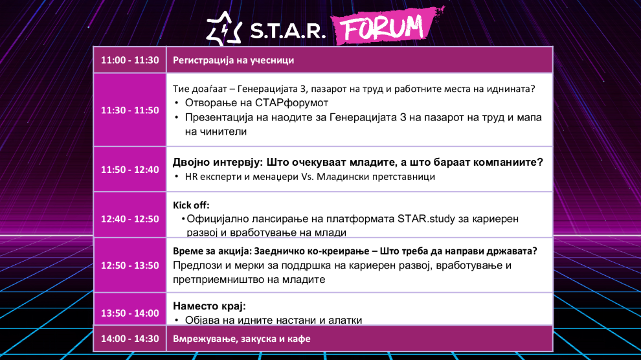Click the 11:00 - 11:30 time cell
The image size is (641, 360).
pyautogui.click(x=130, y=60)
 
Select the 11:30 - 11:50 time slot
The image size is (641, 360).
pyautogui.click(x=130, y=110)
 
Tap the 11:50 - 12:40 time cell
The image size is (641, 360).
pyautogui.click(x=130, y=169)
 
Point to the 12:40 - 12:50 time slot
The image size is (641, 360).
pyautogui.click(x=130, y=219)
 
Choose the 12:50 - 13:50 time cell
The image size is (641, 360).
pyautogui.click(x=130, y=265)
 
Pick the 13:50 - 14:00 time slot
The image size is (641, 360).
pyautogui.click(x=130, y=313)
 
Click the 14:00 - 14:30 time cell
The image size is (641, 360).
pyautogui.click(x=130, y=339)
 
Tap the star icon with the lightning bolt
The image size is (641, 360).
pyautogui.click(x=224, y=28)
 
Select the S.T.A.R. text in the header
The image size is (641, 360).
pyautogui.click(x=287, y=30)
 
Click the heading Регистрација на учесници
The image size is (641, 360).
pyautogui.click(x=234, y=60)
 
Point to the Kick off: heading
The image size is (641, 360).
pyautogui.click(x=191, y=205)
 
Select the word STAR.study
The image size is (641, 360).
pyautogui.click(x=426, y=219)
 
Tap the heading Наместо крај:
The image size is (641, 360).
pyautogui.click(x=209, y=306)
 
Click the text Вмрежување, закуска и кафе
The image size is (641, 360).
pyautogui.click(x=242, y=339)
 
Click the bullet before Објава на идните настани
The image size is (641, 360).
pyautogui.click(x=177, y=320)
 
